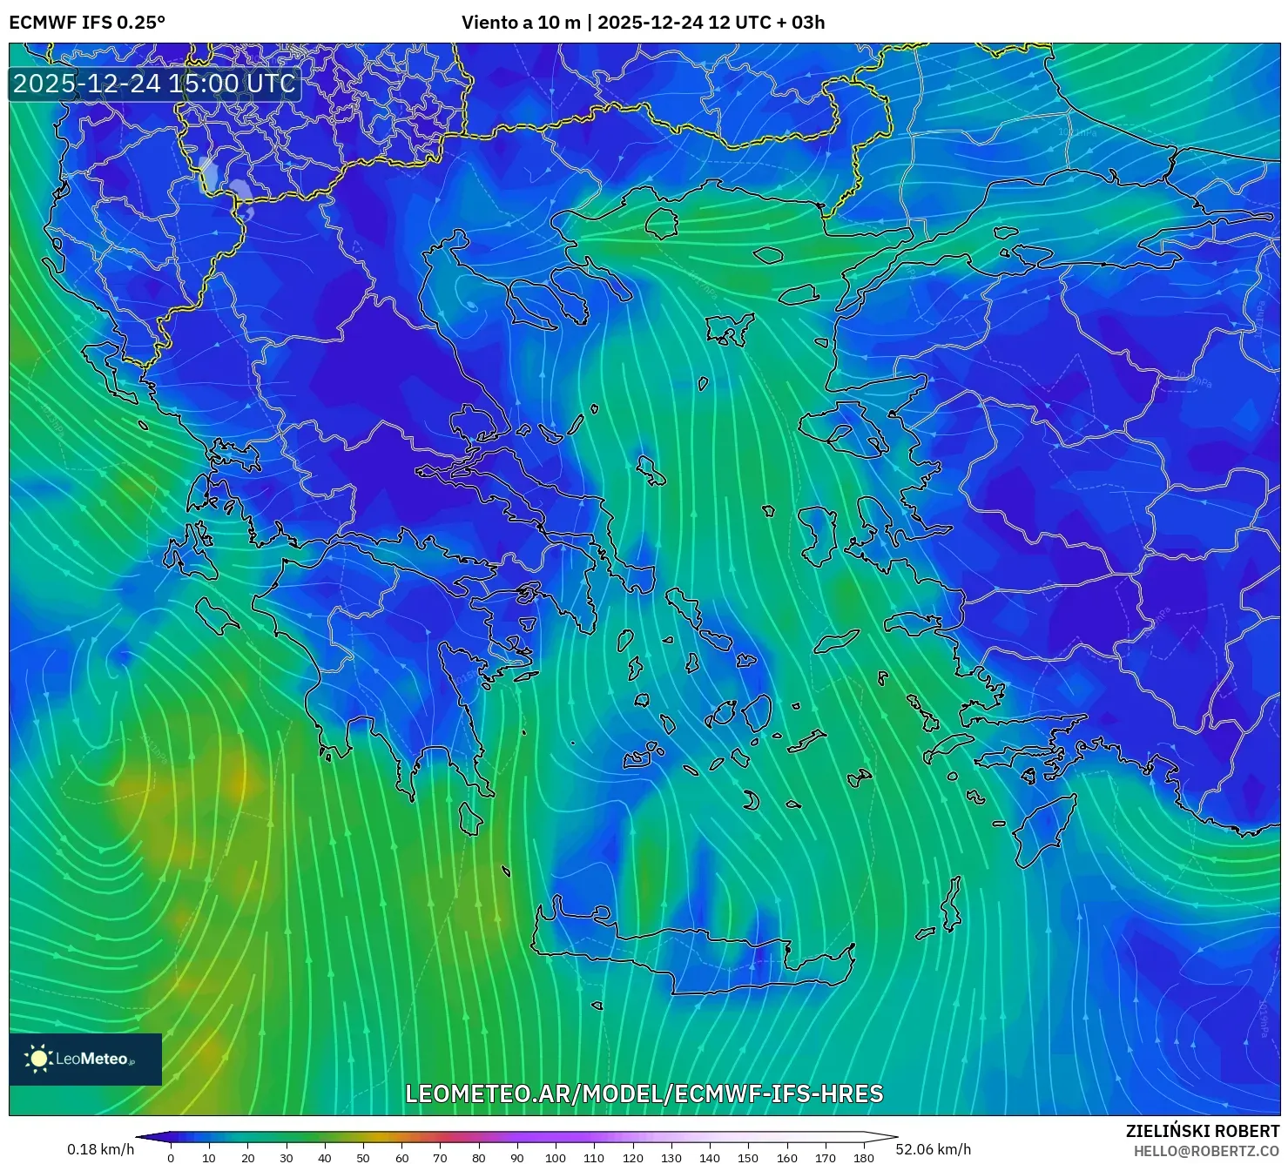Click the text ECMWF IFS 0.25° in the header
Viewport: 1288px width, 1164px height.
point(86,23)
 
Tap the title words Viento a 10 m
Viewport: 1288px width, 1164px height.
point(520,23)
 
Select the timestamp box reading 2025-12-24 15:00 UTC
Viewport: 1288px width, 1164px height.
point(154,84)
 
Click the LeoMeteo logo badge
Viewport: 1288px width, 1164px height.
point(85,1059)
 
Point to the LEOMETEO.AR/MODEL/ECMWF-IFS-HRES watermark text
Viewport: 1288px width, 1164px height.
point(644,1093)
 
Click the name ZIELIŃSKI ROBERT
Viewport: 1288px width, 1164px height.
point(1203,1131)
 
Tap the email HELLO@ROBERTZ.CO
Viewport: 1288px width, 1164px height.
point(1206,1151)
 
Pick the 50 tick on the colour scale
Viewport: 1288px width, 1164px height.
point(363,1158)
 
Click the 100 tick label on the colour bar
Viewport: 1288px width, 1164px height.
point(556,1158)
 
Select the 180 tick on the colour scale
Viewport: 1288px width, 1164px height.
point(863,1158)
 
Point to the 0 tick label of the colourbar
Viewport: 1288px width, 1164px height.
point(171,1158)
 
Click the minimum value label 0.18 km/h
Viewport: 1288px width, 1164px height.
point(101,1149)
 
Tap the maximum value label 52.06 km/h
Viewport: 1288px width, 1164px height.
point(933,1149)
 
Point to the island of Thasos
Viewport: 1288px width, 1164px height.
point(662,222)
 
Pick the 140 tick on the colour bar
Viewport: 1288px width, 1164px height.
point(710,1158)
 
